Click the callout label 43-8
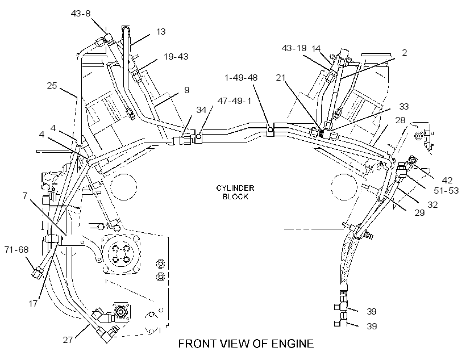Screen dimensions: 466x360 81,14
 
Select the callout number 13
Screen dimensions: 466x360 161,31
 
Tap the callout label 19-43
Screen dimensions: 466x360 176,56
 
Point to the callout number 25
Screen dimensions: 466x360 52,86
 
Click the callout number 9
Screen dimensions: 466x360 186,90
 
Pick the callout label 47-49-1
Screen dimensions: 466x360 235,101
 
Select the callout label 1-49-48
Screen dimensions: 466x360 241,78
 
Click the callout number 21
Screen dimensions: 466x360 281,78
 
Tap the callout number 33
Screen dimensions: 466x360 404,106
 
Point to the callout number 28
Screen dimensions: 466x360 400,120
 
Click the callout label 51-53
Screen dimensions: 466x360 446,190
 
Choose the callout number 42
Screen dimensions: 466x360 447,181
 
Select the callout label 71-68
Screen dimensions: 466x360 16,249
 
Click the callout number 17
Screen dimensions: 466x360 34,304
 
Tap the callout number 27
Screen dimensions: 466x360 68,340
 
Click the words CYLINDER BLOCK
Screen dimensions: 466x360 235,192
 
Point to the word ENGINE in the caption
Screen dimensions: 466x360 293,344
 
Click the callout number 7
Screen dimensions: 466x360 25,195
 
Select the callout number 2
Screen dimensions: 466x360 404,53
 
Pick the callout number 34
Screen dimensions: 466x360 201,110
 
